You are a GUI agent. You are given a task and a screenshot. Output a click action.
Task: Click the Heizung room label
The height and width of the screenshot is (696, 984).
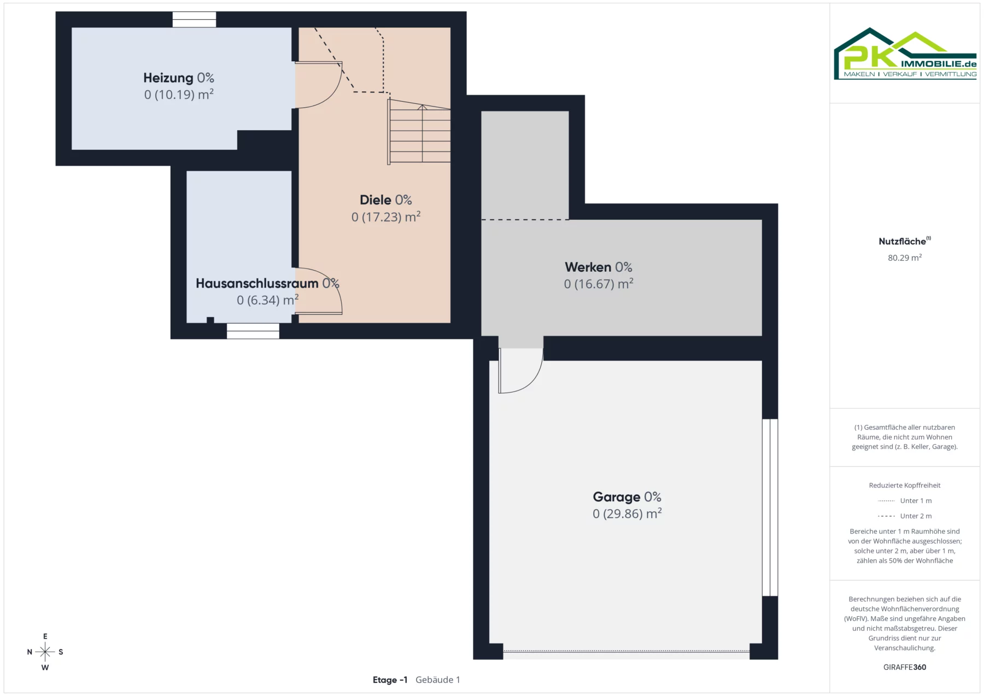168,78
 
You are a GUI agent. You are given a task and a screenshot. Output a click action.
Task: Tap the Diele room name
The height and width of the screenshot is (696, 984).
376,200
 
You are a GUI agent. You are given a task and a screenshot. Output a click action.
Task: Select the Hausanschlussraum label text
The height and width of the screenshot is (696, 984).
257,283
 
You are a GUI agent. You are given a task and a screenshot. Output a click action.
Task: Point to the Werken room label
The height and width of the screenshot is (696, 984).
588,267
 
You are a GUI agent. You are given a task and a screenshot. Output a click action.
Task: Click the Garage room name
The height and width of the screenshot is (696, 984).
616,497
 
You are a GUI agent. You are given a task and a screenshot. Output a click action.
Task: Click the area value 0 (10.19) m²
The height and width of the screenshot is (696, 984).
179,95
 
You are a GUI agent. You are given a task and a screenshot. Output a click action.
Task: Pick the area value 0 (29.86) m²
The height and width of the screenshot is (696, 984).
627,514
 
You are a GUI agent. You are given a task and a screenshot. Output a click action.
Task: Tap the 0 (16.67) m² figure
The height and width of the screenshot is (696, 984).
599,284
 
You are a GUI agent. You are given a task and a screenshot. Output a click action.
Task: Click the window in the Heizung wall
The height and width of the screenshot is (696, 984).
194,20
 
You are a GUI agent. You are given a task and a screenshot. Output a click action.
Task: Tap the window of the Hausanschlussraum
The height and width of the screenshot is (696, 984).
253,331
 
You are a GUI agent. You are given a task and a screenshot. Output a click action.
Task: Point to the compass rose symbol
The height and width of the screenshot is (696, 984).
45,652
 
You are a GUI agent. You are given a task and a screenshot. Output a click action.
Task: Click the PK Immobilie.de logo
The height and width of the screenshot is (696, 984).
905,54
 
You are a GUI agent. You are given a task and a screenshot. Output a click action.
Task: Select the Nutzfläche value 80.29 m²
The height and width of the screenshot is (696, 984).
905,258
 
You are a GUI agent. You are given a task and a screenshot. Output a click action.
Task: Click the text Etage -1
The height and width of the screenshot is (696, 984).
390,680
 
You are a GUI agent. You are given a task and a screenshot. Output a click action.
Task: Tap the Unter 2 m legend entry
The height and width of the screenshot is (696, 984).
905,516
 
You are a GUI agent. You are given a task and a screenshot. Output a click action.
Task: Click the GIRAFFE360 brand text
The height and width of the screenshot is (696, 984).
905,667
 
